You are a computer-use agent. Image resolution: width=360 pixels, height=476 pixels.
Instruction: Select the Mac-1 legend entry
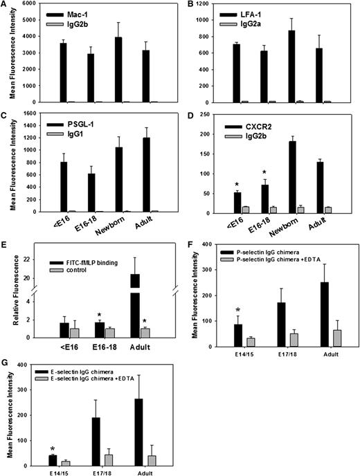point(76,13)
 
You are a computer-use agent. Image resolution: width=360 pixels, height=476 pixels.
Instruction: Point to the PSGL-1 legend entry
point(78,118)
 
